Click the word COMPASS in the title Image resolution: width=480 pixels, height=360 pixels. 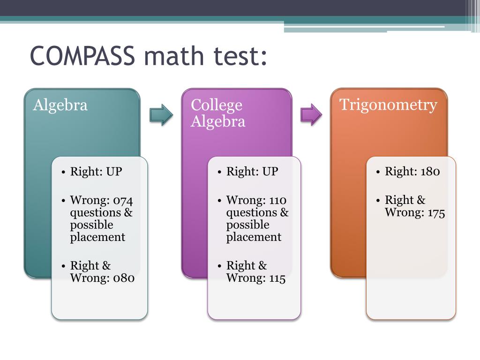pos(82,56)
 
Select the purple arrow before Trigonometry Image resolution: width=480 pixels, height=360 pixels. pos(311,114)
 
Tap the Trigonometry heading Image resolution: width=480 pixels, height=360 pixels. pos(388,105)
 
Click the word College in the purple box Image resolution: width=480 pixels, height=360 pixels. pos(217,105)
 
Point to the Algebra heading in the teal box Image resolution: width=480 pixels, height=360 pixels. pos(60,105)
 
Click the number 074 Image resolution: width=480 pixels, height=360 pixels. pos(123,201)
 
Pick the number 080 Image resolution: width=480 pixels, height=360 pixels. pos(124,278)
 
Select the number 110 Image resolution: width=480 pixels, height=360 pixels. pos(278,201)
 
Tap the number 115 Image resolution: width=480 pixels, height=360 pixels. pos(277,278)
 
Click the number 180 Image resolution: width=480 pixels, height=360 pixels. pos(430,172)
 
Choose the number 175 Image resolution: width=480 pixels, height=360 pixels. pos(436,213)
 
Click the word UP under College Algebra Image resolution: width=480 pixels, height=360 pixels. pos(270,172)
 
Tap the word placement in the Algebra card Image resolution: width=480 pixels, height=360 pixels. pos(97,237)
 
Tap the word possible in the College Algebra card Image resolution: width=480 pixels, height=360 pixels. pos(247,225)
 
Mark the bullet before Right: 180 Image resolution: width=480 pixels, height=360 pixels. pos(378,172)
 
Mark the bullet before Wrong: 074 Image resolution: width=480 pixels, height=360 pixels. pos(63,201)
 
